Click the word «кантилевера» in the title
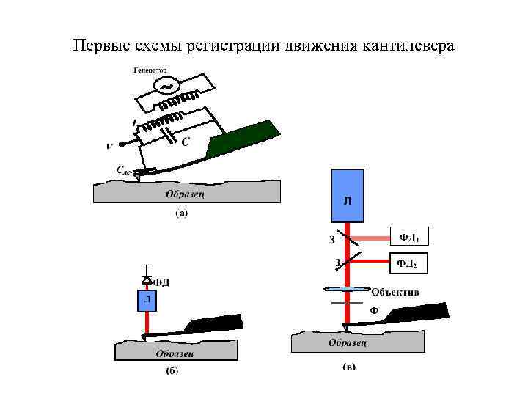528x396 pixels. point(408,45)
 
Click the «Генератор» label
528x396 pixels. point(150,70)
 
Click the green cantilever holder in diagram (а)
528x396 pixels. point(243,139)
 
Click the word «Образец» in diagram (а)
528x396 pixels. point(185,194)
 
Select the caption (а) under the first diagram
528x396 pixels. point(181,214)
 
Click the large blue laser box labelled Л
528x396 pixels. point(348,195)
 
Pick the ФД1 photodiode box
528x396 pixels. point(408,238)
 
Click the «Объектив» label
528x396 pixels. point(395,291)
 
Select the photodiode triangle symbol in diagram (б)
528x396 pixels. point(147,280)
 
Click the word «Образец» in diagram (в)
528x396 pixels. point(348,342)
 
